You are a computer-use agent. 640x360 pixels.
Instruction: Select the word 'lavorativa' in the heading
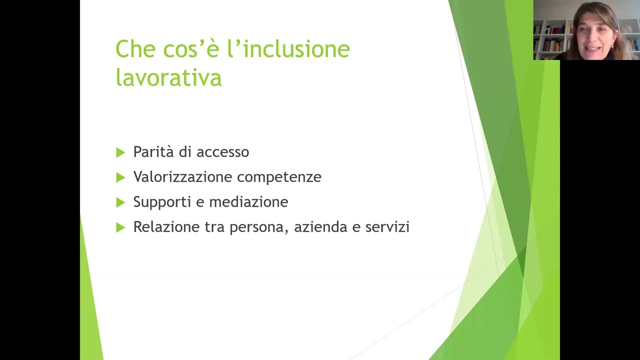168,77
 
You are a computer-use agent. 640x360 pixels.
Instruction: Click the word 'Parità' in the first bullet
152,152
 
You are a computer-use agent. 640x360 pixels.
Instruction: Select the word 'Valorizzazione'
183,177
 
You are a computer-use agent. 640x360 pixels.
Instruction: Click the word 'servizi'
387,227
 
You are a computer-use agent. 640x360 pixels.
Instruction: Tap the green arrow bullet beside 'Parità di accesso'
120,152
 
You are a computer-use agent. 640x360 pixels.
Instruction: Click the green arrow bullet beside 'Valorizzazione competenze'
120,177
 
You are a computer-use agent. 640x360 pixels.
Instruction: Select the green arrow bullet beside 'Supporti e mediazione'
120,202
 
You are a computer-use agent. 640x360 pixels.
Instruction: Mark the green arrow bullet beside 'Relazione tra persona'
120,227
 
